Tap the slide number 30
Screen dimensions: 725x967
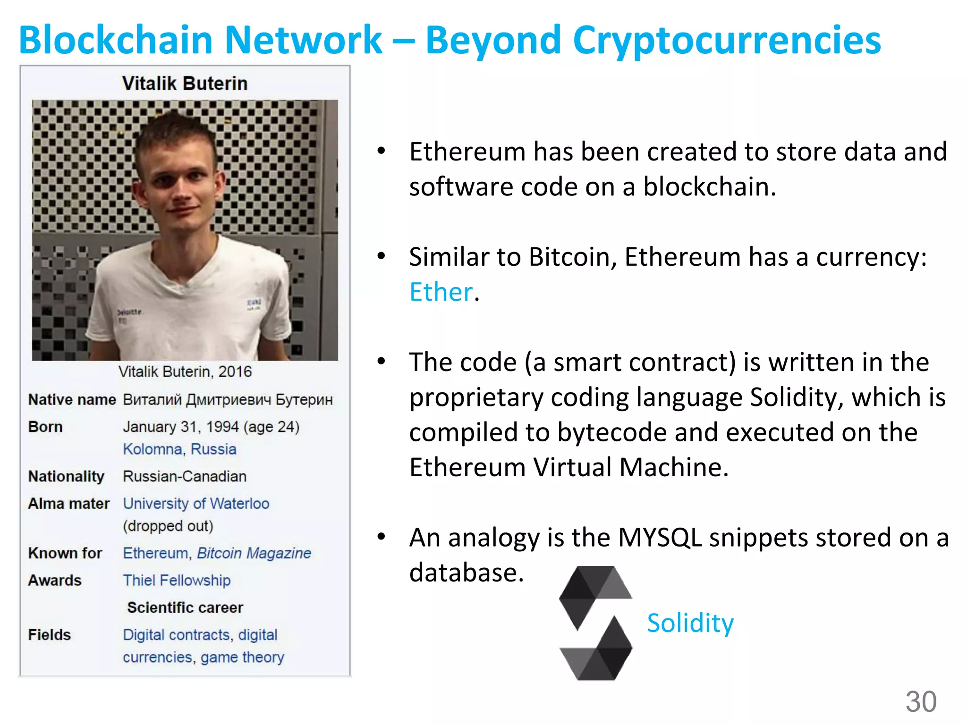coord(921,701)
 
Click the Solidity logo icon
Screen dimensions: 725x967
coord(596,623)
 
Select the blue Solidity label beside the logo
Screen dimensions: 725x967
coord(690,623)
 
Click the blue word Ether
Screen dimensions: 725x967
coord(441,292)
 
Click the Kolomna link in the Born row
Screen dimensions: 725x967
coord(152,449)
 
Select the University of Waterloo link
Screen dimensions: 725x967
coord(196,504)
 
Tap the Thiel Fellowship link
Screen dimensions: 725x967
coord(177,580)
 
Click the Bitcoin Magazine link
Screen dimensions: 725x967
coord(254,553)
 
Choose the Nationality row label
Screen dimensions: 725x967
coord(66,476)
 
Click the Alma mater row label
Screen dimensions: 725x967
coord(69,504)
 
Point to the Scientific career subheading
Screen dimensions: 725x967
coord(185,607)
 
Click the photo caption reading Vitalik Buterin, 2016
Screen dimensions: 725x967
coord(185,372)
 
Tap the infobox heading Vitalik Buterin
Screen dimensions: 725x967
coord(185,84)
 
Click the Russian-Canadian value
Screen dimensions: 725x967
coord(185,476)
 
